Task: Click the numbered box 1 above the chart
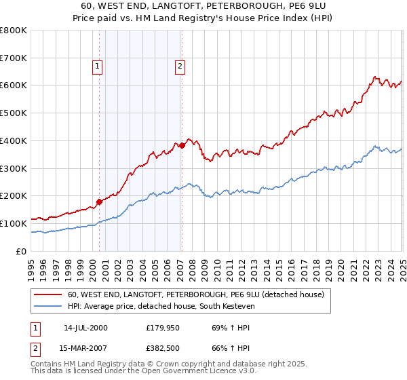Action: (x=98, y=66)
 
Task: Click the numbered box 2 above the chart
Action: (x=180, y=66)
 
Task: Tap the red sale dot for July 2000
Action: (x=99, y=201)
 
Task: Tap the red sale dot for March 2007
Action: (x=182, y=145)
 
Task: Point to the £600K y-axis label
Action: (x=13, y=85)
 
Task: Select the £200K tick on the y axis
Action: (x=13, y=195)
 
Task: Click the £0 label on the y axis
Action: (x=21, y=251)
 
